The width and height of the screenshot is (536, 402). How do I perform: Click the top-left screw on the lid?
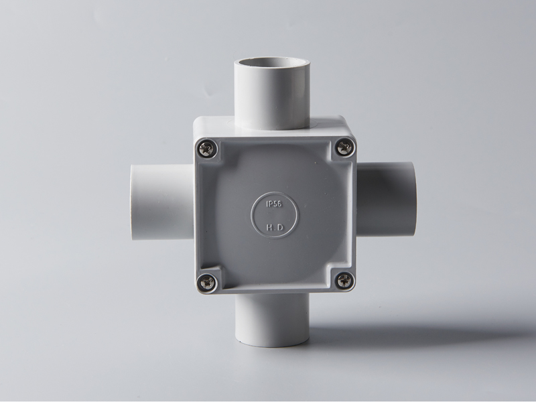click(x=207, y=149)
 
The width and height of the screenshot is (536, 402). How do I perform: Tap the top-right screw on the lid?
click(x=345, y=147)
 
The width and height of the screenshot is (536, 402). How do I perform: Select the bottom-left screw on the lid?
click(x=207, y=282)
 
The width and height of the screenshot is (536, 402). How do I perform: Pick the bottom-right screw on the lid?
click(x=344, y=281)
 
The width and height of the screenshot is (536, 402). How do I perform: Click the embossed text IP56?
click(x=274, y=204)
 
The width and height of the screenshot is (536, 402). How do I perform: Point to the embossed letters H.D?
click(x=275, y=227)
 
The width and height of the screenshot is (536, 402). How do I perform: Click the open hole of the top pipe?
click(x=272, y=62)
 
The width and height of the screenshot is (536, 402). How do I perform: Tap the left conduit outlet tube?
click(x=162, y=202)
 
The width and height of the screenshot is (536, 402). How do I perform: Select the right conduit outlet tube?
click(x=387, y=198)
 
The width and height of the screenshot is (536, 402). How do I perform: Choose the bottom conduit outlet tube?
click(x=273, y=320)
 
